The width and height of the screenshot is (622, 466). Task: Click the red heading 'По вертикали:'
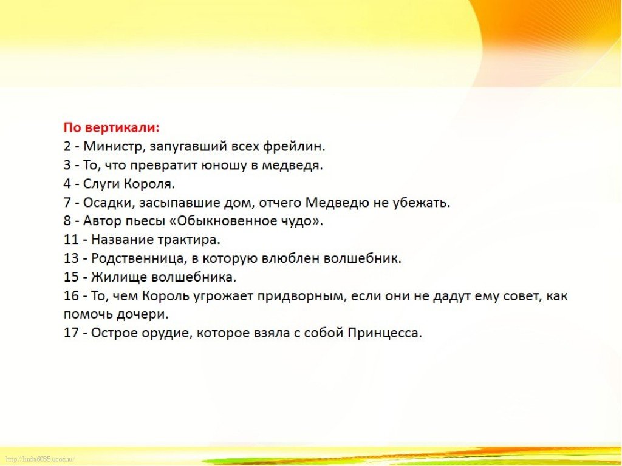112,128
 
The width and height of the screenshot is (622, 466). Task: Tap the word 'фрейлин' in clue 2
293,147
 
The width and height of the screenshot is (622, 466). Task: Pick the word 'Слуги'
102,184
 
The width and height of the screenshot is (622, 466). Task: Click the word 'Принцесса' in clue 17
384,333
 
